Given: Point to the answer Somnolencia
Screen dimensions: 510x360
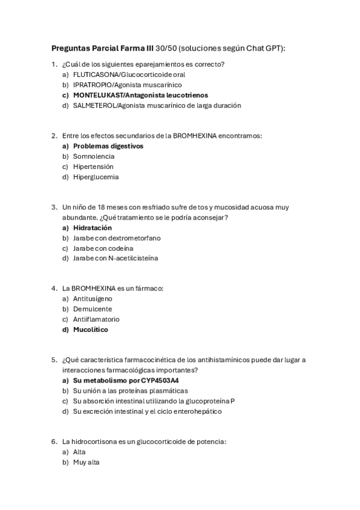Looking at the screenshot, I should (x=94, y=156).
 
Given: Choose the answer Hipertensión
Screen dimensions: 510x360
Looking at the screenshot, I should (x=93, y=167).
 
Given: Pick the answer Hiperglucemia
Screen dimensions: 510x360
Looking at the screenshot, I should (x=96, y=177).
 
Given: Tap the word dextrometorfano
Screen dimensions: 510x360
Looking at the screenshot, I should (x=133, y=238).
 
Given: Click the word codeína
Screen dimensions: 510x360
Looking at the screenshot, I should (x=120, y=248).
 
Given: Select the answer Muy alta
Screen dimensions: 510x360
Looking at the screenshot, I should (x=86, y=462).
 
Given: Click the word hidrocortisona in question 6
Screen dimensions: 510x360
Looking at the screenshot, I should (x=94, y=442).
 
